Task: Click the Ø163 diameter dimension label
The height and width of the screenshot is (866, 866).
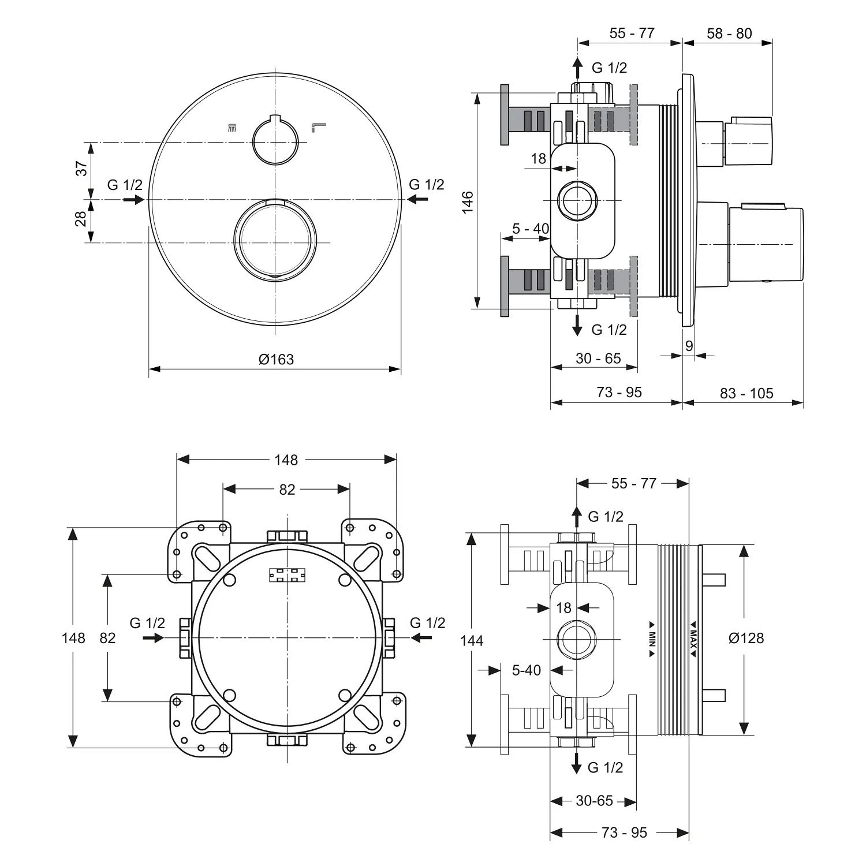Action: tap(276, 359)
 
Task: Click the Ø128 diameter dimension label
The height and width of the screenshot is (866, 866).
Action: tap(746, 638)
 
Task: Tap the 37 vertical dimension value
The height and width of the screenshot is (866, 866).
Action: tap(81, 168)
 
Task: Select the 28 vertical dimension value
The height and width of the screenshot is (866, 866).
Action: tap(81, 218)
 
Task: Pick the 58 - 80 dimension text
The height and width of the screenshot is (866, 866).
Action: tap(729, 33)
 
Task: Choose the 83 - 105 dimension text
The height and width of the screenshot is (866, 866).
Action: tap(746, 393)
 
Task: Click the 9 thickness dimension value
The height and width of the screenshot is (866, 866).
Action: tap(689, 346)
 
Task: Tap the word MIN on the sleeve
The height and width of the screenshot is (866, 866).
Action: tap(652, 639)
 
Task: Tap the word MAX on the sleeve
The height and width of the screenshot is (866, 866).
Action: tap(693, 639)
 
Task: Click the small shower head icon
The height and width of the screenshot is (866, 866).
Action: tap(232, 127)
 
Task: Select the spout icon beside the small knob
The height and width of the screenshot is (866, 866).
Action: tap(318, 127)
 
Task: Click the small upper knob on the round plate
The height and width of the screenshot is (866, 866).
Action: tap(275, 141)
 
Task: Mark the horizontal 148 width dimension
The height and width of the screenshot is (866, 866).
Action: tap(286, 460)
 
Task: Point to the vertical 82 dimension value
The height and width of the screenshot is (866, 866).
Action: tap(108, 637)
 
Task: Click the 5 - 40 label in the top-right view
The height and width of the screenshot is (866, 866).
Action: tap(531, 229)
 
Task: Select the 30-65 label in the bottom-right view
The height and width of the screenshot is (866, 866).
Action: tap(594, 801)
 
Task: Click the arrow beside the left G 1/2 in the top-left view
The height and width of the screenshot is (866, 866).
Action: tap(134, 199)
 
